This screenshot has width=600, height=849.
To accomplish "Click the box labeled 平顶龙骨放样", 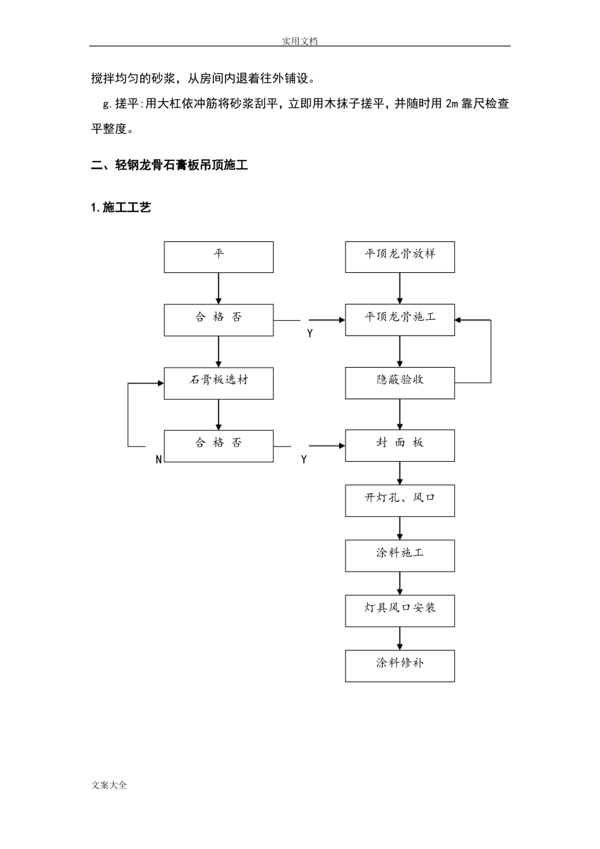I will click(x=399, y=257).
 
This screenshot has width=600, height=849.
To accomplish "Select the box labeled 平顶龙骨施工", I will click(x=399, y=320).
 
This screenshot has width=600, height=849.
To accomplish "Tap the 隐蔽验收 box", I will click(x=399, y=383).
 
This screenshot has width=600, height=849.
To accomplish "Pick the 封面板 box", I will click(x=399, y=445).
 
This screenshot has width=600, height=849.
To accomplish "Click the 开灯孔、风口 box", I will click(x=399, y=500).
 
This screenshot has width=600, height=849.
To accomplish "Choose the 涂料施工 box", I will click(x=399, y=555).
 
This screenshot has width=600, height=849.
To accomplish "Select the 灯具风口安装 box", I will click(x=399, y=610).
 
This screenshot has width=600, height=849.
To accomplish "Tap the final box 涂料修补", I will click(x=399, y=666).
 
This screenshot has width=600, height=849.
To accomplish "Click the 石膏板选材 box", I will click(x=219, y=383).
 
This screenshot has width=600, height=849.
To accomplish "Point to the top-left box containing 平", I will click(x=219, y=257).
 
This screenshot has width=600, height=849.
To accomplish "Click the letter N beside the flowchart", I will click(x=159, y=460).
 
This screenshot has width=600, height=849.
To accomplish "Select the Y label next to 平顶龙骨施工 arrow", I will click(x=309, y=334).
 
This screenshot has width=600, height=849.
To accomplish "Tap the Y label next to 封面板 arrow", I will click(x=304, y=460).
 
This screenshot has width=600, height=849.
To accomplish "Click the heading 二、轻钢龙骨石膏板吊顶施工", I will click(x=169, y=166).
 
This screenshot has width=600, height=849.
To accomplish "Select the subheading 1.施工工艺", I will click(x=121, y=207).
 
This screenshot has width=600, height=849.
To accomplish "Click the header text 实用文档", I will click(x=299, y=41).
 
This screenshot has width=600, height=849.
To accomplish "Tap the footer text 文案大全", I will click(x=109, y=785).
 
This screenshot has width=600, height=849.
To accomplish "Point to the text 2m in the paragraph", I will click(x=451, y=104).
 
